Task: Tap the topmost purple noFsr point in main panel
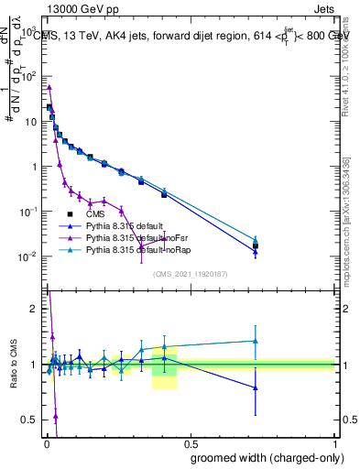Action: point(49,87)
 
